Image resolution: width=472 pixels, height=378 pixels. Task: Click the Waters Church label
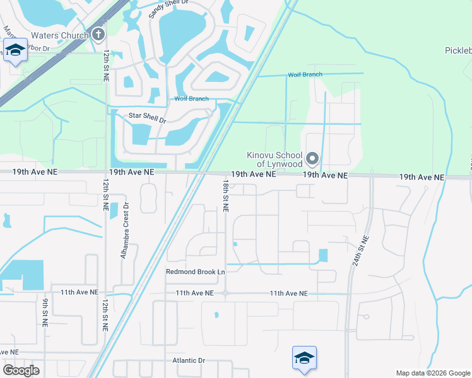[59, 35]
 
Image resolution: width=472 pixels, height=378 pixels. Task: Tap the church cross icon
[98, 35]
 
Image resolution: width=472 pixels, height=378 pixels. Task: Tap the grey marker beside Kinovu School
[312, 158]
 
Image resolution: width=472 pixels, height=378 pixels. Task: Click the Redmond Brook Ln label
[195, 272]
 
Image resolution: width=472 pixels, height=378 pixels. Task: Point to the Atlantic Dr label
[189, 361]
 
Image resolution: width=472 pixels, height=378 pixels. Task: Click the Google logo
[21, 370]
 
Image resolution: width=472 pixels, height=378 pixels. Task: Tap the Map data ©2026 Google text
[432, 373]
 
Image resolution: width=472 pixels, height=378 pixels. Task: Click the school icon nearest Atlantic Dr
[304, 358]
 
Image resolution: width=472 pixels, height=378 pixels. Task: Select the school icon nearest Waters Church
[15, 50]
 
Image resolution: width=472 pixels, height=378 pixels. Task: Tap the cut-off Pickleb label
[457, 51]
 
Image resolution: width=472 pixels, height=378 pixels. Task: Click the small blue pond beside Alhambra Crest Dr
[114, 210]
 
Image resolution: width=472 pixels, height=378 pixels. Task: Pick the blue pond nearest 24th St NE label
[324, 256]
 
